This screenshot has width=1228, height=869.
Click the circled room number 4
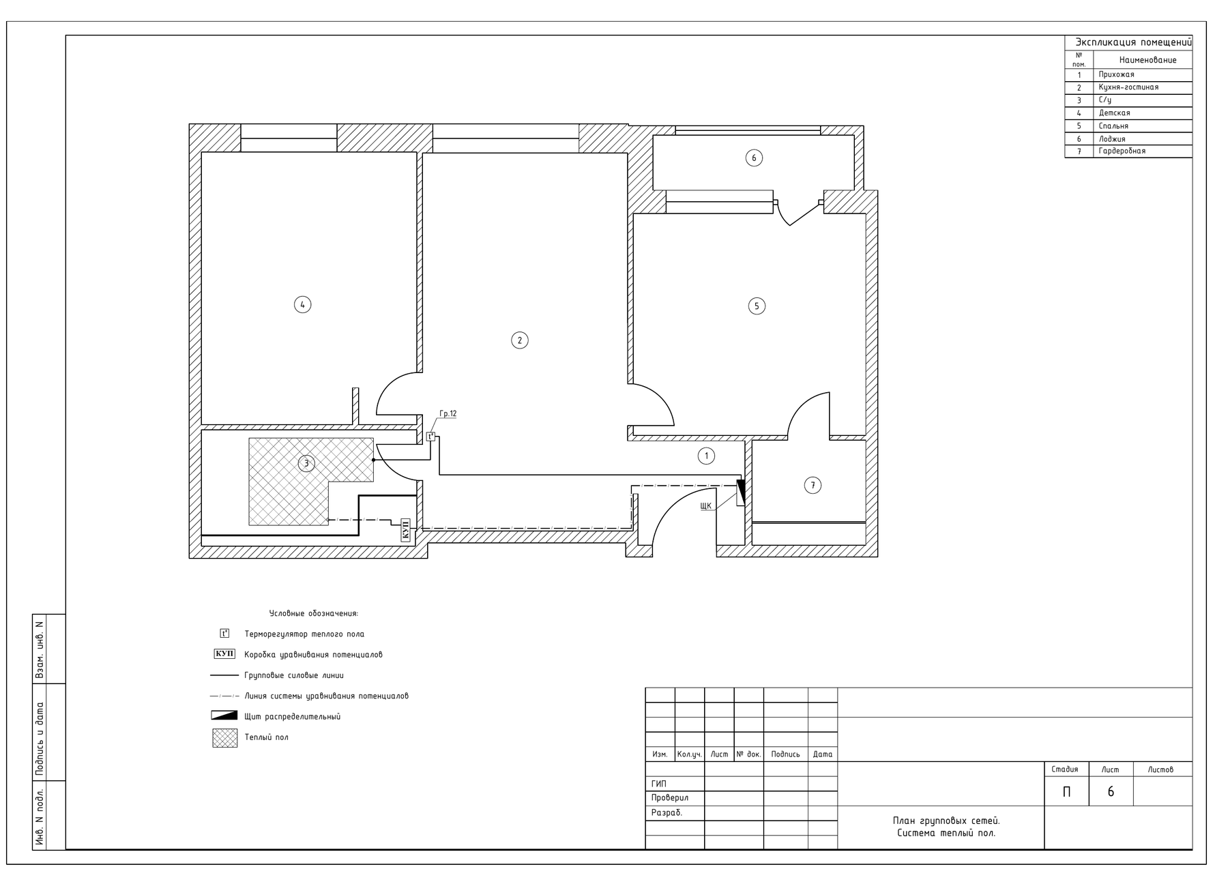(302, 304)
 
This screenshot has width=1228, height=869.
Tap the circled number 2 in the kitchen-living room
(520, 340)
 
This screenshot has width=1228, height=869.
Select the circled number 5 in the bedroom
(757, 306)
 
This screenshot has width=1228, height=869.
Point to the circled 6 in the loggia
(754, 158)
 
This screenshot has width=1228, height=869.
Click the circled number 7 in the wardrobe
(813, 486)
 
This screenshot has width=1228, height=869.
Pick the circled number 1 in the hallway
(707, 456)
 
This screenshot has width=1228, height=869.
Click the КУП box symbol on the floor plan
(405, 529)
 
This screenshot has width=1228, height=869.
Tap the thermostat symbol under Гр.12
(430, 437)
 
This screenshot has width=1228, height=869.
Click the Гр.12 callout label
(448, 414)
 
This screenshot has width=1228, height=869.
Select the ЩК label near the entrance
(706, 506)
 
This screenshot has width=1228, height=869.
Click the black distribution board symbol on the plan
(741, 493)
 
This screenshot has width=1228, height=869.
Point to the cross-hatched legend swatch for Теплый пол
(225, 738)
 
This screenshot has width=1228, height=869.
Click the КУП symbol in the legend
(225, 654)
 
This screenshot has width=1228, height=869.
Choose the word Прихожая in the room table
(1117, 74)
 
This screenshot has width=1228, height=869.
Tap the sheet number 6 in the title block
(1111, 792)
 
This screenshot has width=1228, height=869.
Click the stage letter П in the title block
(1067, 792)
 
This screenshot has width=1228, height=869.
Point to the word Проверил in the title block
(670, 798)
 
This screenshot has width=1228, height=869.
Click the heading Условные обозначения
(314, 614)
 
